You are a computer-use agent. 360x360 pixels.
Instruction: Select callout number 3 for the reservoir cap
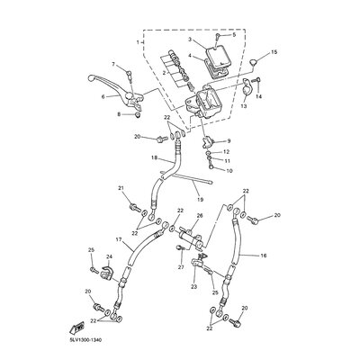pos(190,40)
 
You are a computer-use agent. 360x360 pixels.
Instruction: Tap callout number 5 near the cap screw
pos(233,35)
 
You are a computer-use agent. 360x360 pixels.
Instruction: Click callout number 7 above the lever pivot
pos(114,65)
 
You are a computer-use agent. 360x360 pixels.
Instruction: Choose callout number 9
pos(229,141)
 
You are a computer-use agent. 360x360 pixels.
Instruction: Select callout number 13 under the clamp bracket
pos(243,104)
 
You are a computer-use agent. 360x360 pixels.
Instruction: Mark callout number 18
pos(155,158)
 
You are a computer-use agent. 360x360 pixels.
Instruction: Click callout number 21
pos(121,187)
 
